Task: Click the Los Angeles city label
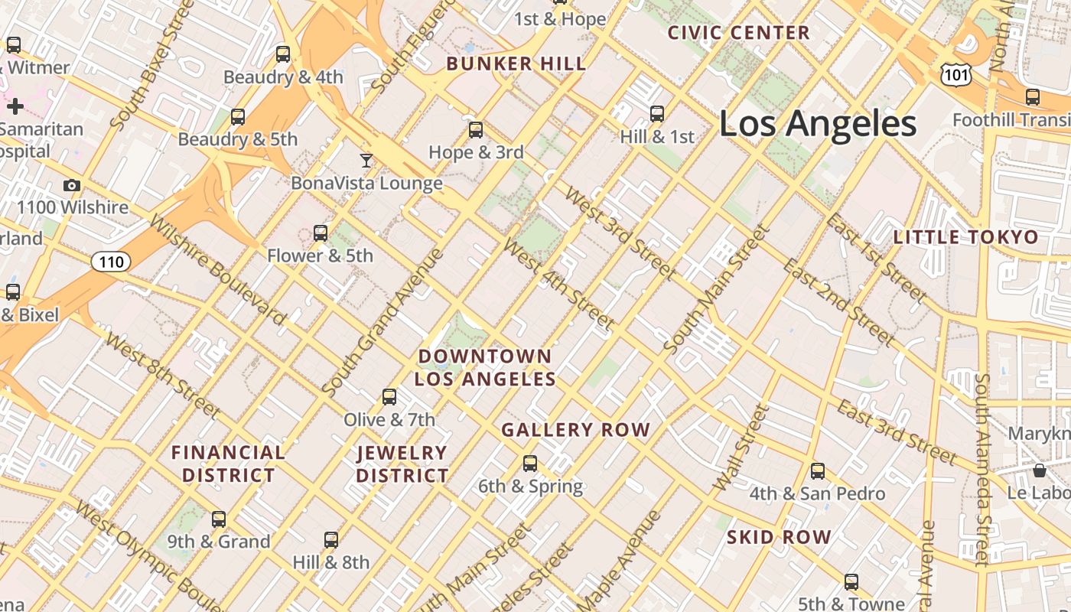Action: pos(818,124)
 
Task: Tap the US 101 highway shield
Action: pos(956,74)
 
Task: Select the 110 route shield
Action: pos(111,262)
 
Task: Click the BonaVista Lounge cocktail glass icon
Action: pos(366,161)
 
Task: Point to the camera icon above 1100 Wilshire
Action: pos(72,186)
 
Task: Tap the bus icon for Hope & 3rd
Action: pos(476,130)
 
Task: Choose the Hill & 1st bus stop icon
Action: pos(657,114)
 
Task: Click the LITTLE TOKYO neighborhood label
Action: pos(966,237)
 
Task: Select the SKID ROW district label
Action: pos(779,537)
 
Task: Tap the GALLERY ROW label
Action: pos(575,431)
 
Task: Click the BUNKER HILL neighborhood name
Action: pos(516,64)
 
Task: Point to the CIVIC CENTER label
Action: pos(738,33)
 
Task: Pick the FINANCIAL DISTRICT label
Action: pos(228,464)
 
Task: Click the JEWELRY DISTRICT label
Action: pos(402,464)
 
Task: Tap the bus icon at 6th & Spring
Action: pos(530,464)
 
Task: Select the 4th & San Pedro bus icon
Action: pos(818,471)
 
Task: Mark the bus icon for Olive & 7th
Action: pos(389,397)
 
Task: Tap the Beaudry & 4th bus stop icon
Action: pos(283,54)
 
